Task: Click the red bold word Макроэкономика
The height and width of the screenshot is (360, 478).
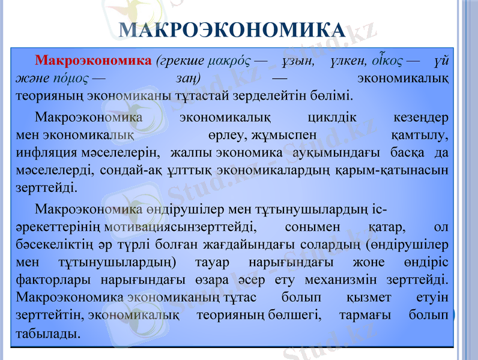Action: tap(93, 61)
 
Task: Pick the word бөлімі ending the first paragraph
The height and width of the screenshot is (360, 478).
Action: tap(333, 95)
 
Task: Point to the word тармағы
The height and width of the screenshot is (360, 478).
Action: tap(359, 314)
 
